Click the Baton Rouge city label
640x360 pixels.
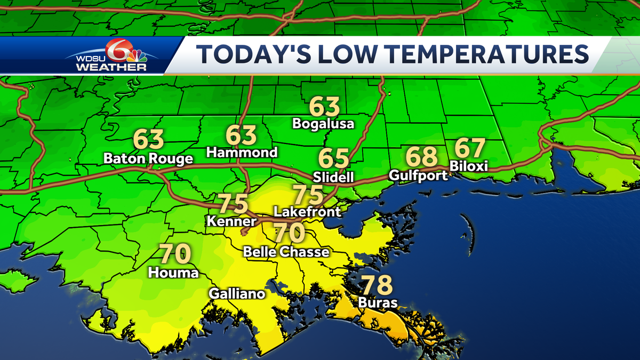point(148,159)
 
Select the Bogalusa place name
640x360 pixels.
point(323,124)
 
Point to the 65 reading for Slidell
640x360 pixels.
point(334,159)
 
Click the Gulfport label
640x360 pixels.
point(418,175)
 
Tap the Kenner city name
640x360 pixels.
point(227,220)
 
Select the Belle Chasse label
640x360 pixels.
point(286,252)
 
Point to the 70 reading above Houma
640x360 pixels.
point(175,254)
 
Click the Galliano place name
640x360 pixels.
point(237,293)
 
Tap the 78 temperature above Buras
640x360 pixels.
point(377,285)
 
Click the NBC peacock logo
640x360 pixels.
point(138,53)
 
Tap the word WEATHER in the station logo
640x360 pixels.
point(111,67)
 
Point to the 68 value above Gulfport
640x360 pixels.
point(421,157)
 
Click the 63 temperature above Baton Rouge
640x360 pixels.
point(148,140)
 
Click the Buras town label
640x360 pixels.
point(377,303)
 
